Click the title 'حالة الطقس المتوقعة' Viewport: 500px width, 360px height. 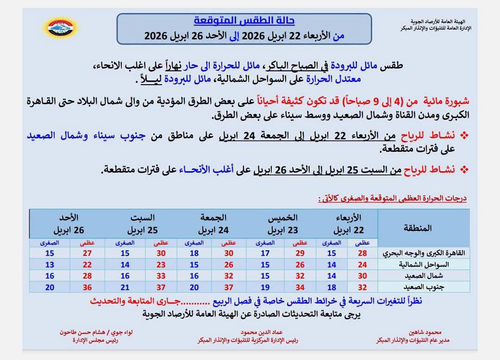(x=244, y=21)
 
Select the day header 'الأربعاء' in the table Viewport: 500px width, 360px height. (x=350, y=217)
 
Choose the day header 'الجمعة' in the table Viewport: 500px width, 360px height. (x=213, y=217)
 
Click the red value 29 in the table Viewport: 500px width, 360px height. (x=300, y=253)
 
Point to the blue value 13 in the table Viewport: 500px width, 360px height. (x=50, y=265)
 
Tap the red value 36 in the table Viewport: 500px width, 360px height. (x=87, y=287)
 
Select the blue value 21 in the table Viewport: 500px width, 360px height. (x=125, y=287)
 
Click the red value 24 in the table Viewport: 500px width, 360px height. (x=362, y=265)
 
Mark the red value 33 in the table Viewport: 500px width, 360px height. (x=161, y=276)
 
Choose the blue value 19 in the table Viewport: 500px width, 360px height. (x=265, y=287)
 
